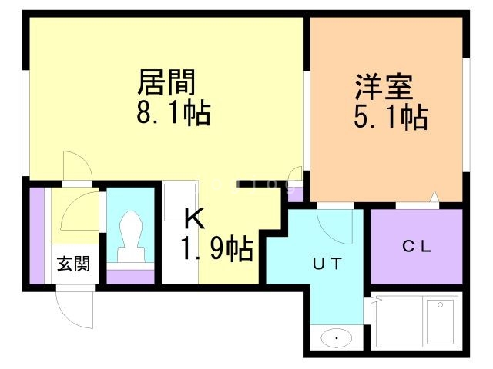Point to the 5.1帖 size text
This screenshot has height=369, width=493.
tap(391, 118)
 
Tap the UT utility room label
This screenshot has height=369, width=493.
tap(326, 263)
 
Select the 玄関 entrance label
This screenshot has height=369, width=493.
tap(73, 264)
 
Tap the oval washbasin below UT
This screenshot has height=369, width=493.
tap(336, 337)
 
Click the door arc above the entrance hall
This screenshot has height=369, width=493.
tap(76, 165)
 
